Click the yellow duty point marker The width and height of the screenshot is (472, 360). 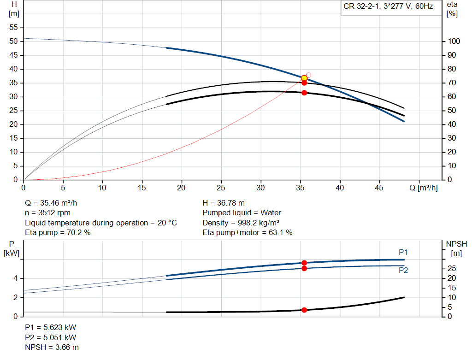pos(304,78)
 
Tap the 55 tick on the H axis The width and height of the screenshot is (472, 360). pos(13,28)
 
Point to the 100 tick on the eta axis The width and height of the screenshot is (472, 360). pos(454,41)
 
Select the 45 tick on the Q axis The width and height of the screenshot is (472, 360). pos(380,188)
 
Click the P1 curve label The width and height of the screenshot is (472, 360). pos(403,252)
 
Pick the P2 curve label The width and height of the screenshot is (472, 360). pos(403,271)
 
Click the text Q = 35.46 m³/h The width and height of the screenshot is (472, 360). pos(54,203)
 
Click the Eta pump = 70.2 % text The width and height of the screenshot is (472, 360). pos(58,233)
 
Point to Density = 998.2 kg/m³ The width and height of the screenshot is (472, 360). pos(241,223)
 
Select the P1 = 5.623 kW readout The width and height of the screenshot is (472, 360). pos(51,327)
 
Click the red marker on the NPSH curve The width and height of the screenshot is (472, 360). pos(304,310)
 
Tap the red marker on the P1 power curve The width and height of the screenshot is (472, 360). pos(304,263)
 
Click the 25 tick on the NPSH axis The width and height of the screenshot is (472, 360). pos(452,269)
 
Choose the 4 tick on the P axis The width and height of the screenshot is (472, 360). pos(16,278)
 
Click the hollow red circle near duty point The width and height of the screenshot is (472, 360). pos(308,75)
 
